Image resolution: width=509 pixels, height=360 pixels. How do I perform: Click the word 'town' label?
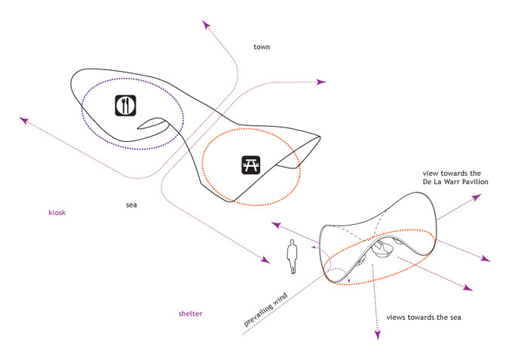(262, 47)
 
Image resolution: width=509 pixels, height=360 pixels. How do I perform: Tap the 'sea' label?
(131, 205)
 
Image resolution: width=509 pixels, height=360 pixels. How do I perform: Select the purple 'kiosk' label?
(57, 213)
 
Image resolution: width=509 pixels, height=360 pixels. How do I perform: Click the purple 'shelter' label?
(190, 313)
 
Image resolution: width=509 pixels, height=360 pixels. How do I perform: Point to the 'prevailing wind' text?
(266, 309)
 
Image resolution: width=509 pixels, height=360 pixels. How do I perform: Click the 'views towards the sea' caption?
(424, 318)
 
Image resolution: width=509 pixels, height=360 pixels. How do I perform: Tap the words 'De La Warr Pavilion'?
(455, 182)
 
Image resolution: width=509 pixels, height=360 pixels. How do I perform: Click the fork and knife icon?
(126, 105)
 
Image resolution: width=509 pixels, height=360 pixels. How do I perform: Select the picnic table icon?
(251, 165)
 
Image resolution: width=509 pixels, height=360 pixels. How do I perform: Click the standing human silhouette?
(292, 257)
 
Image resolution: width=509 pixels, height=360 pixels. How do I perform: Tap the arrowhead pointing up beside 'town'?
(206, 25)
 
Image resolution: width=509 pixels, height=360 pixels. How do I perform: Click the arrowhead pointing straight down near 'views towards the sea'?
(378, 335)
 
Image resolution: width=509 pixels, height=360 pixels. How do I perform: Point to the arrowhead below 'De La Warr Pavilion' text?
(477, 198)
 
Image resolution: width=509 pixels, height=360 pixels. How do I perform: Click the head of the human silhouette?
(292, 242)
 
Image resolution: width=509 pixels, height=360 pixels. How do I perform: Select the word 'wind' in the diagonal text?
(280, 300)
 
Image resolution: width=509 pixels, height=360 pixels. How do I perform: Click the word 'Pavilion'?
(476, 182)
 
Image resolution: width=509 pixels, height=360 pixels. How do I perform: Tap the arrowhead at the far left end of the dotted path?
(24, 120)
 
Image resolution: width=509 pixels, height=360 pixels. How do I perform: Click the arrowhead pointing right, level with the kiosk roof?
(321, 82)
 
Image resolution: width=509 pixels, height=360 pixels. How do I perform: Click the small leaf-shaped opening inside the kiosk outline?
(153, 123)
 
